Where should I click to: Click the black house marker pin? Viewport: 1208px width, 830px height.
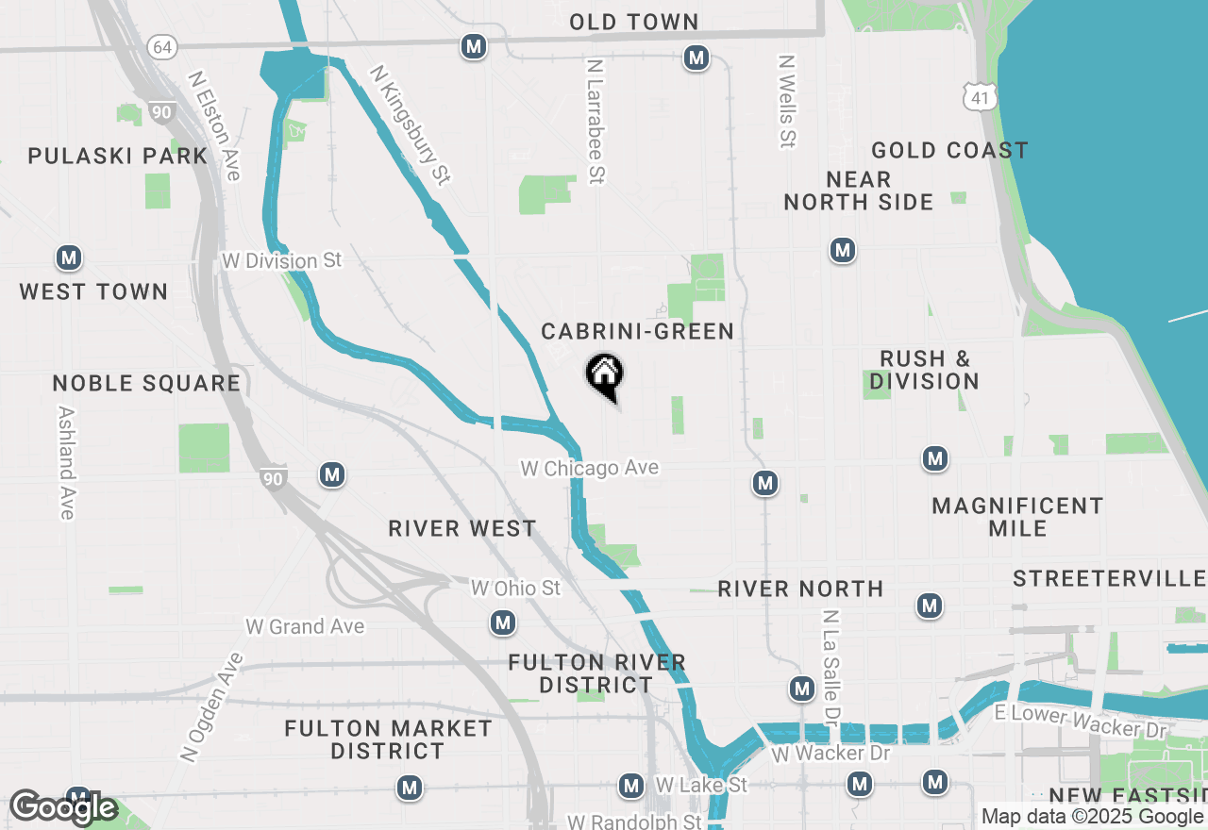coord(604,374)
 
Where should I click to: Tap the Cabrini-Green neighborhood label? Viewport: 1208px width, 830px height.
coord(637,331)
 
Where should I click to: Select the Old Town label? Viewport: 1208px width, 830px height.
coord(634,22)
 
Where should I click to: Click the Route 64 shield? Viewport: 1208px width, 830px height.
coord(162,46)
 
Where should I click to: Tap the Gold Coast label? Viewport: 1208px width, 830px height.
coord(949,151)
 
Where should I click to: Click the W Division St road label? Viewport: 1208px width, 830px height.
coord(281,260)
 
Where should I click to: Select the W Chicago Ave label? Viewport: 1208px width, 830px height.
coord(590,468)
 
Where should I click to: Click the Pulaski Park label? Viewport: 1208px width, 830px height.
coord(118,156)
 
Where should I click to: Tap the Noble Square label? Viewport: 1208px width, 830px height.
coord(146,383)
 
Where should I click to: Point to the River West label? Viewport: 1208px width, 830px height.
coord(462,528)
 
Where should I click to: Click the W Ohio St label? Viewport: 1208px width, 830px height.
coord(516,589)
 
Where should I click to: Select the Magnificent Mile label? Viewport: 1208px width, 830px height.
coord(1017,517)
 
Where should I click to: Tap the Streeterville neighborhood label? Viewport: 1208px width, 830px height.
coord(1109,578)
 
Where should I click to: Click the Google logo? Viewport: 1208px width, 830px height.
coord(63,808)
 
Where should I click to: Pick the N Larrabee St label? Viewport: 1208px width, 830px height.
coord(595,121)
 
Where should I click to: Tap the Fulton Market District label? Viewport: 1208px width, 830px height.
coord(388,739)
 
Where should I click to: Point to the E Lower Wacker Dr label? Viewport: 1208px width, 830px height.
coord(1082,722)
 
